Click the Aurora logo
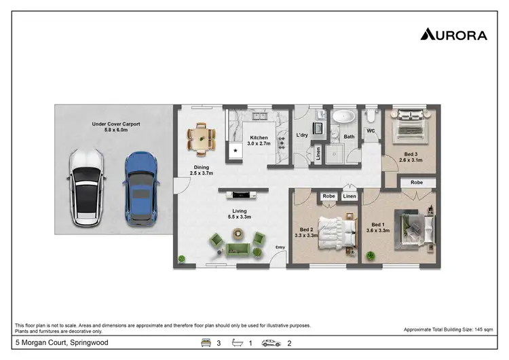[453, 34]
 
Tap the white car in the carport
[84, 187]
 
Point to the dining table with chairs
[202, 139]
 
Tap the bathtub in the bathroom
[344, 117]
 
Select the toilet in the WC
[371, 115]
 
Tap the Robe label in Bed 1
[416, 183]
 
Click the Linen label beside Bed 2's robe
[349, 196]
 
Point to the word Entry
[280, 256]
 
